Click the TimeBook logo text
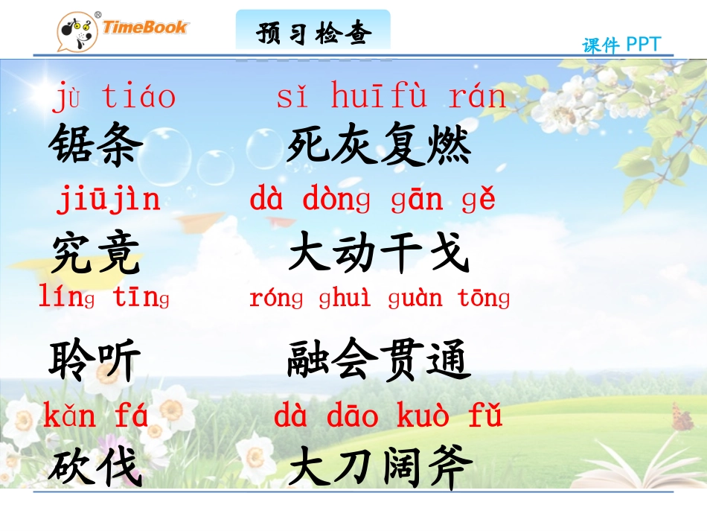[x=146, y=28]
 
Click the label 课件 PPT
[x=621, y=45]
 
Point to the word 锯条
[x=96, y=144]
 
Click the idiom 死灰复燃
[x=380, y=144]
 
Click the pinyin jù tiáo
[x=114, y=98]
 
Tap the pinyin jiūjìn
[x=109, y=200]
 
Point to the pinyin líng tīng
[x=104, y=298]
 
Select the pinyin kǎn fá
[x=96, y=416]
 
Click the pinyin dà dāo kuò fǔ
[x=388, y=416]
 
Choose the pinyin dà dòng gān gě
[x=372, y=200]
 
